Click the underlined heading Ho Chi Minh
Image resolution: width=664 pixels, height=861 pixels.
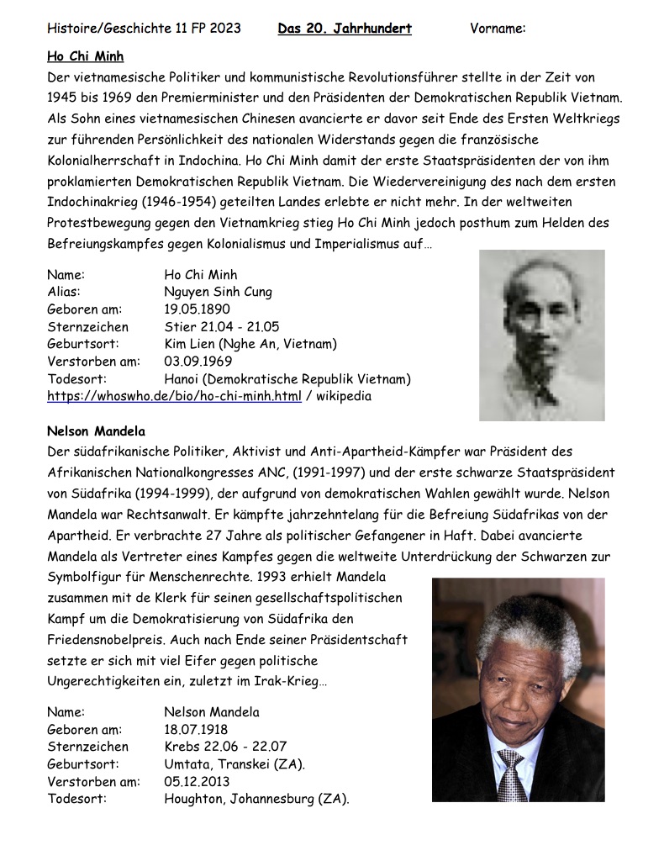click(85, 56)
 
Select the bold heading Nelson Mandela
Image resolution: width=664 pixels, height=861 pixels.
click(96, 432)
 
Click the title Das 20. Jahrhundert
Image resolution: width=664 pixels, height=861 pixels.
click(345, 29)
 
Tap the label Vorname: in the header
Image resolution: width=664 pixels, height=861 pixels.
click(498, 29)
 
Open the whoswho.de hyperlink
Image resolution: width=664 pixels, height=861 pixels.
click(173, 396)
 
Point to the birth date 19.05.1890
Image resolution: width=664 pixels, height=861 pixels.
click(197, 309)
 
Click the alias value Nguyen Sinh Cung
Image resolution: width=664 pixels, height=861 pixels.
click(218, 292)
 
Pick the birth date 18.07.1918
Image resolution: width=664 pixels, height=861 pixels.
click(196, 729)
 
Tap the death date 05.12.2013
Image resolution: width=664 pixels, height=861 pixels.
click(197, 782)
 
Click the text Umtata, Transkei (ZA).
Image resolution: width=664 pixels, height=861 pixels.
click(235, 764)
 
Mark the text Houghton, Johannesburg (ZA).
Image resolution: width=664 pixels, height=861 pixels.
click(256, 799)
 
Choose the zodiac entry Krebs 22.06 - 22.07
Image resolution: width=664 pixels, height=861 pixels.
click(225, 747)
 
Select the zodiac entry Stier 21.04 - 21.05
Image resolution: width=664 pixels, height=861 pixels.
click(222, 327)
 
